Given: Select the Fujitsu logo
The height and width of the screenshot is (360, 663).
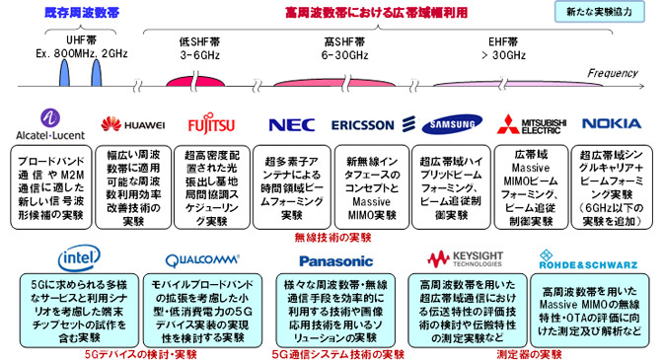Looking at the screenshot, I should point(212,124).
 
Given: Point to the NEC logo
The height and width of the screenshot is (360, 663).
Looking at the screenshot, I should point(291,124).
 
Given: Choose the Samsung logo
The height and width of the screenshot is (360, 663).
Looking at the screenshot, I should point(453,124).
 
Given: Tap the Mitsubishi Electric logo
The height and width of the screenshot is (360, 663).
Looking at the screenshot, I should point(532,124).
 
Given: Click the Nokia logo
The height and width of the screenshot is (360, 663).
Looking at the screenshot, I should point(612,124).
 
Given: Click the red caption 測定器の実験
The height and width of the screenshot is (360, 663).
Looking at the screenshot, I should point(524,352).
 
